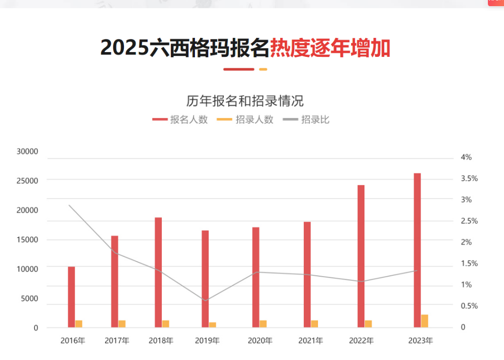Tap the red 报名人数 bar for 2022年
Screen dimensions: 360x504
tap(361, 256)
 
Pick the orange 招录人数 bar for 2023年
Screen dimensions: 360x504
tap(424, 321)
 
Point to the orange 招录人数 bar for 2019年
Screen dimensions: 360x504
tap(212, 324)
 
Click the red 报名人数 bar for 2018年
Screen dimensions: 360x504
tap(159, 272)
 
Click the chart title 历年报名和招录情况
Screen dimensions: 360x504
tap(245, 101)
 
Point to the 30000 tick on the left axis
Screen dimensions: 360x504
tap(27, 152)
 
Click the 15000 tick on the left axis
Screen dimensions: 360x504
tap(27, 240)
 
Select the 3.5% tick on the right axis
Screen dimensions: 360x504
tap(469, 179)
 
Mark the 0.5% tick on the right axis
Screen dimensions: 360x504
tap(469, 306)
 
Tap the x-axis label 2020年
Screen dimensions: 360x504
tap(260, 341)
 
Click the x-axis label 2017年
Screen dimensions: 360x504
tap(117, 341)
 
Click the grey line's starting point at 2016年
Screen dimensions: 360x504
tap(69, 205)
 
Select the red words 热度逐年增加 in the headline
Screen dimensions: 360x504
tap(330, 48)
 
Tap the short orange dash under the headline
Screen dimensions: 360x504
tap(263, 70)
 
